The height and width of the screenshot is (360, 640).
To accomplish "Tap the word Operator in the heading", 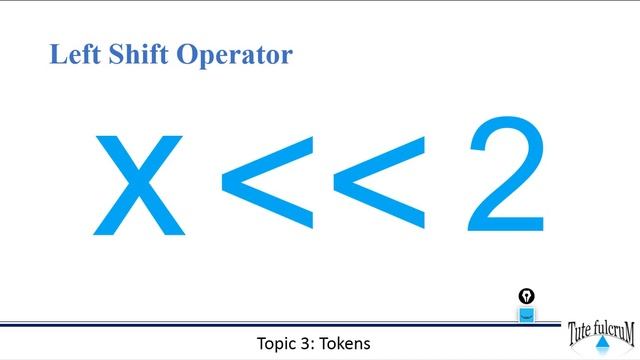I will (x=235, y=56).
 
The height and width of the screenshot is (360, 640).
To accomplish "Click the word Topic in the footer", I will (x=277, y=344).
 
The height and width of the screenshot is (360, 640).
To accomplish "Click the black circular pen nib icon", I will (x=526, y=296).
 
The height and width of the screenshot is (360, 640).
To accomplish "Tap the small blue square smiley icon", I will (x=526, y=315).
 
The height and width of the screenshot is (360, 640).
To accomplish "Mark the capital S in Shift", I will (x=115, y=54).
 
